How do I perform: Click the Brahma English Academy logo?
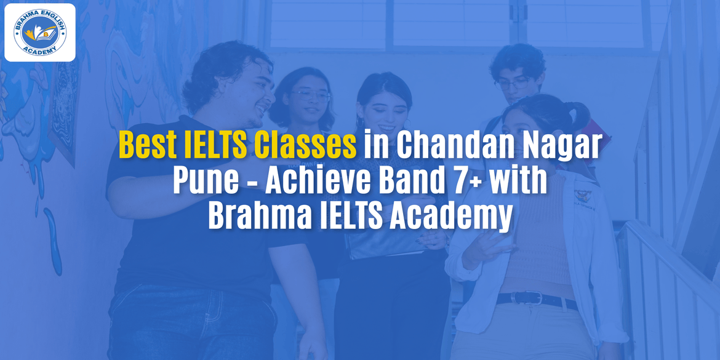[40, 32]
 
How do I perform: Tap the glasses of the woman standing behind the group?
[312, 95]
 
